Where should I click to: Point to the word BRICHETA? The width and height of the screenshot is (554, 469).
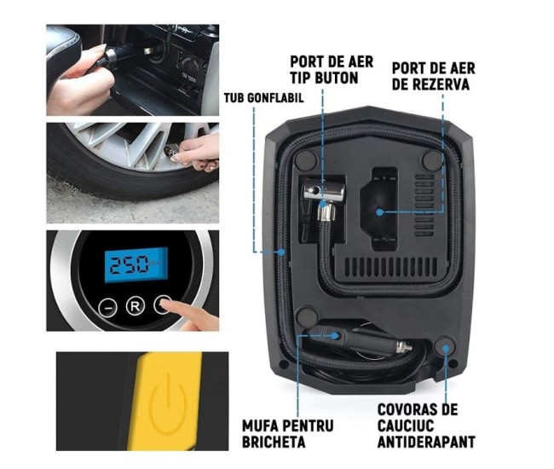tap(285, 443)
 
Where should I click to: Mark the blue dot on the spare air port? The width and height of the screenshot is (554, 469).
tap(378, 211)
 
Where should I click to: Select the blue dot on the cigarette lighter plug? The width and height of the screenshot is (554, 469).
tap(337, 335)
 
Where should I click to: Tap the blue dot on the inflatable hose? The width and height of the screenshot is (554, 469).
tap(282, 252)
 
